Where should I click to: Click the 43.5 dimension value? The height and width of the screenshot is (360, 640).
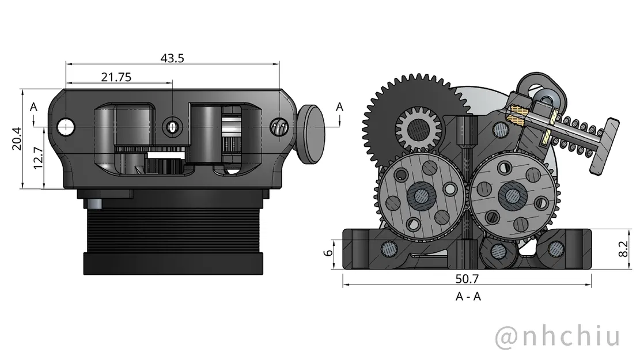coord(172,58)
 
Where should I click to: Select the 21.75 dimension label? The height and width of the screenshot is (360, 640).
coord(116,77)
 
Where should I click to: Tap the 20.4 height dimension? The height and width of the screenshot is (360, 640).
coord(16,138)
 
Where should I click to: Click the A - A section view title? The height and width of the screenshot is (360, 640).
coord(468,297)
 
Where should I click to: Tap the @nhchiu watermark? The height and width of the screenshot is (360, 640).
coord(558,336)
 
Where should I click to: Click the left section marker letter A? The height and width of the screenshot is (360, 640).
coord(33,107)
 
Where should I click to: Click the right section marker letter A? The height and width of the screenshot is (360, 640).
coord(339,107)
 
